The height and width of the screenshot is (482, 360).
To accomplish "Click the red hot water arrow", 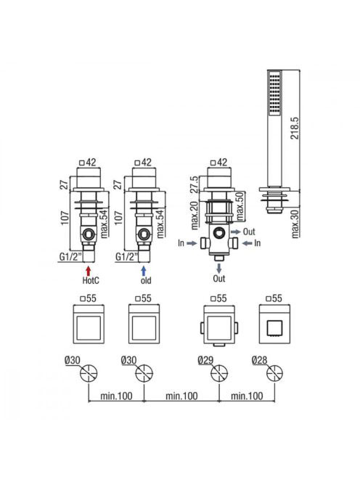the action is click(89, 271).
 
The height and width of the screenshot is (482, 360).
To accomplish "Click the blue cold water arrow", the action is click(144, 271).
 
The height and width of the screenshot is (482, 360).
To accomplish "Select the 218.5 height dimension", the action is click(295, 128).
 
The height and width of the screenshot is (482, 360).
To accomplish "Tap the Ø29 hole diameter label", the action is click(206, 360).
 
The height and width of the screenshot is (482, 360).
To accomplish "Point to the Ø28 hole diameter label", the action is click(260, 360).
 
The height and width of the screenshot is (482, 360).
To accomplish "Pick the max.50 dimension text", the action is click(240, 205).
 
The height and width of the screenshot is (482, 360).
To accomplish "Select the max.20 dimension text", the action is click(195, 216).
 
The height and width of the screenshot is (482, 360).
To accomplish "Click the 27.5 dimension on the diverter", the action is click(195, 184).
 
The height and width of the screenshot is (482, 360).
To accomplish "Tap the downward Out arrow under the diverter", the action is click(219, 268).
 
